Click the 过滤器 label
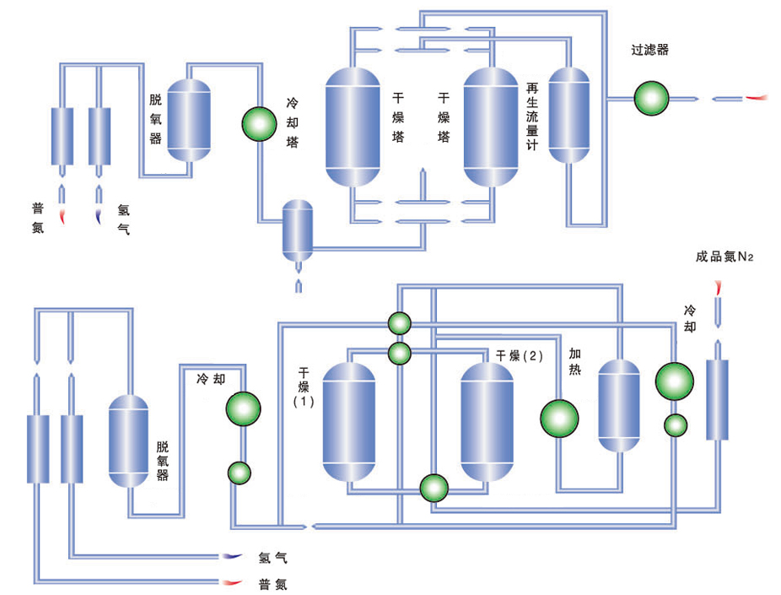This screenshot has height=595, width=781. tap(649, 50)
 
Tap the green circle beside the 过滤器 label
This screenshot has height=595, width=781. tap(651, 98)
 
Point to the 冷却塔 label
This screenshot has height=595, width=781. tap(292, 123)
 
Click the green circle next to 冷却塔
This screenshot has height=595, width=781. tap(259, 123)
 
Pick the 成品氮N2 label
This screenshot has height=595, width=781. tap(724, 257)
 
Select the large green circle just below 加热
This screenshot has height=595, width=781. tap(560, 418)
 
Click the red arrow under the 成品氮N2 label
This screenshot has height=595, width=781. tap(718, 287)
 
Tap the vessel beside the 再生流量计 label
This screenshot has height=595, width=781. tap(568, 115)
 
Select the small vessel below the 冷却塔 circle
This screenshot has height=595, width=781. tap(297, 230)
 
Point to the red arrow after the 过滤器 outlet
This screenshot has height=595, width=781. tap(757, 98)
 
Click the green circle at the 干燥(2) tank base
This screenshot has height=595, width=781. tap(434, 487)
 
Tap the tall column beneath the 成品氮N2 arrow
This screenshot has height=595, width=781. tap(717, 399)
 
